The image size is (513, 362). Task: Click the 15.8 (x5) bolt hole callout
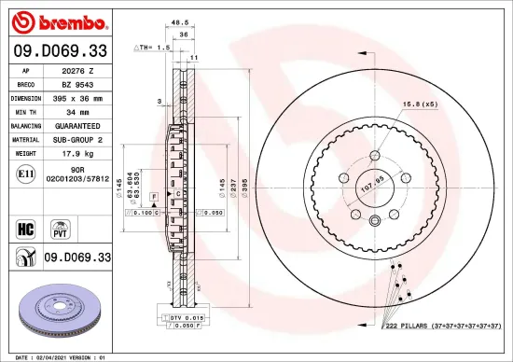(419, 104)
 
